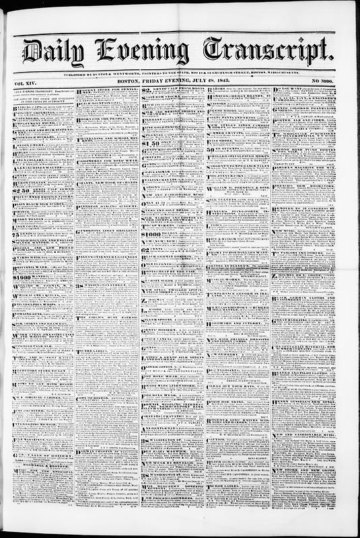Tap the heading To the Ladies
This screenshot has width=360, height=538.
coord(101,349)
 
